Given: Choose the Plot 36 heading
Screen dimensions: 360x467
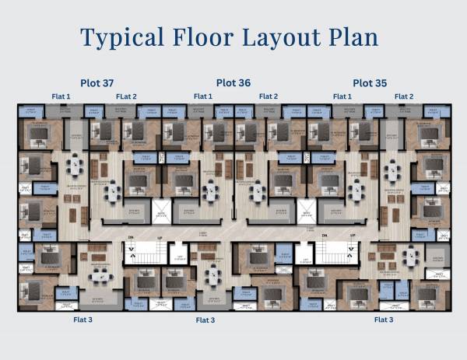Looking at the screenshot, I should coord(233,82).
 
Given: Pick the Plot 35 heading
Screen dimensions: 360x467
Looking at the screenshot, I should coord(370,82).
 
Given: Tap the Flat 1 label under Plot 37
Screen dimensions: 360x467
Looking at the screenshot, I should coord(61,96).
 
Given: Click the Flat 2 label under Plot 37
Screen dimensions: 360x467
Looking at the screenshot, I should coord(126,96).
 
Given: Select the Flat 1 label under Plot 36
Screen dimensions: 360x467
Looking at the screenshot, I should coord(200,96).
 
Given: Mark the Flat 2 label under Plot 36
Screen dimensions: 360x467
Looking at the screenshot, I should coord(267,96).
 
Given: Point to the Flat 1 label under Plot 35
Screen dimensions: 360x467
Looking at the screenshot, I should coord(342,96).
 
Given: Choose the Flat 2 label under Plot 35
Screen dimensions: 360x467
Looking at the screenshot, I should coord(404,96).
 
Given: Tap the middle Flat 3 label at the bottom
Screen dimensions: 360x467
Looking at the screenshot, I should coord(205,320).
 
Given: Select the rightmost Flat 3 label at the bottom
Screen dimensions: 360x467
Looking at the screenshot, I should coord(384,320).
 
